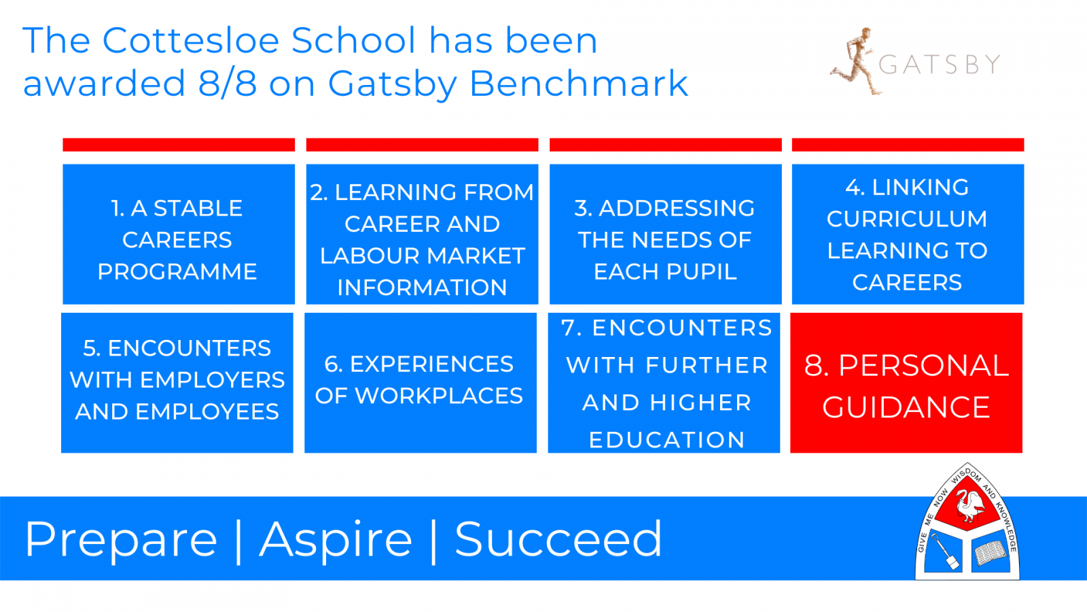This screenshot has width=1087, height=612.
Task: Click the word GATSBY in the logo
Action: coord(940,65)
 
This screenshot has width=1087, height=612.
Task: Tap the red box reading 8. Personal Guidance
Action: coord(906,383)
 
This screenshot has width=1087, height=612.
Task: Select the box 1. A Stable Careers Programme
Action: coord(179,234)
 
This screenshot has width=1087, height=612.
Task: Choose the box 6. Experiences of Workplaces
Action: coord(421,383)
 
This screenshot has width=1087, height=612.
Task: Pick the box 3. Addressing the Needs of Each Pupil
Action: coord(665,234)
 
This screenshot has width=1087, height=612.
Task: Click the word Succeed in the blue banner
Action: coord(558,539)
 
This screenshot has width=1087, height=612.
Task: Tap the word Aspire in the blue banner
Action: coord(336,540)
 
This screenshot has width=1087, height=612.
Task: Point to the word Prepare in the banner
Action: coord(121,540)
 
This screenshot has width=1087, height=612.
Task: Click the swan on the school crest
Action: coord(968,505)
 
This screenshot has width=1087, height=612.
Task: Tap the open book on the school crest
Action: coord(990,553)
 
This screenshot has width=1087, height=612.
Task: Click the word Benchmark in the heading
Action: coord(579,82)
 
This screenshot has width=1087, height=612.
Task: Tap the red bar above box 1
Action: coord(179,145)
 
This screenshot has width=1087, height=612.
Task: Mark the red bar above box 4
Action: coord(908,145)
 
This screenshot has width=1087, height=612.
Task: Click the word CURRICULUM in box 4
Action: coord(907,219)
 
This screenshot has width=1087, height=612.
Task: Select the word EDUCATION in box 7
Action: coord(666,440)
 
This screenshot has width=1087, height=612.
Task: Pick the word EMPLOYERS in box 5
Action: coord(212,380)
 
